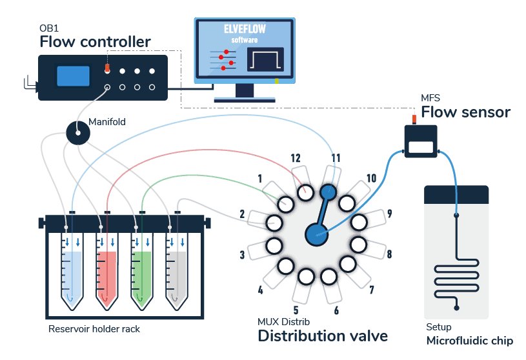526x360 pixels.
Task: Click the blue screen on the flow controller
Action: [73, 76]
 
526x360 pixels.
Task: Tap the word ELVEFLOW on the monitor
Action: [245, 29]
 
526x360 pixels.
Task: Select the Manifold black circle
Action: [78, 133]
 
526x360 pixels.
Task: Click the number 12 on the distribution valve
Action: [296, 158]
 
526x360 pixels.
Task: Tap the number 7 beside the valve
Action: [372, 290]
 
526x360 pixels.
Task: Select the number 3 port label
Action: [242, 255]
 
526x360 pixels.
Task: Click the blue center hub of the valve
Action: [316, 234]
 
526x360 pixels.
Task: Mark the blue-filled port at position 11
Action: [328, 192]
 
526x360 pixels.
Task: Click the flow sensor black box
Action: [421, 141]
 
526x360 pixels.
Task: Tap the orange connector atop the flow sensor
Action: [414, 119]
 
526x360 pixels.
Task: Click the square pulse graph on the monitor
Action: [265, 59]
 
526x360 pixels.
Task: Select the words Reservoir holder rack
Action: [94, 329]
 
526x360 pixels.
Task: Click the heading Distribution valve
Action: [323, 335]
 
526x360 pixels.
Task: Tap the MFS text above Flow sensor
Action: [430, 98]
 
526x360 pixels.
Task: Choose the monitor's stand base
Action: [245, 99]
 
